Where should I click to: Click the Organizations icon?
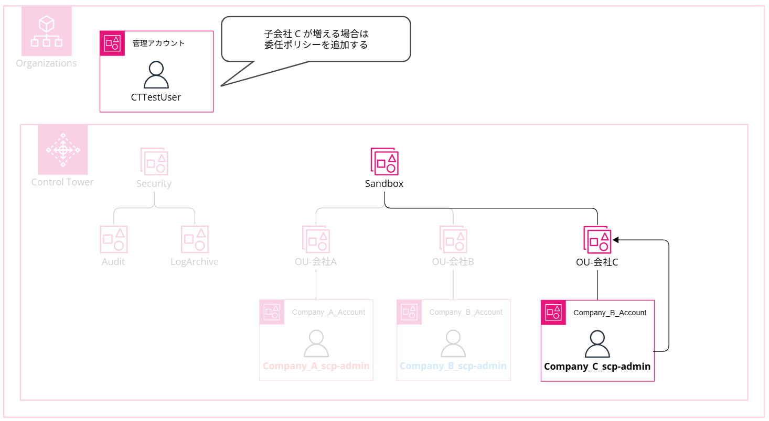[x=47, y=31]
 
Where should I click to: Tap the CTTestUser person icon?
[x=156, y=75]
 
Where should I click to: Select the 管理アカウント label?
[x=158, y=43]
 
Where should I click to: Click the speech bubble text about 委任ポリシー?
[x=316, y=39]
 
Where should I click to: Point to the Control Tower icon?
[x=63, y=150]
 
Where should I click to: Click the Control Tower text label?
[x=62, y=182]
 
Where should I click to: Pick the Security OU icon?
[x=154, y=161]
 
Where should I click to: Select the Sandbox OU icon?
[x=384, y=161]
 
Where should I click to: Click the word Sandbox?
[x=384, y=184]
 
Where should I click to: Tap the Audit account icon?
[x=114, y=239]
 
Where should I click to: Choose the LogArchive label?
[x=195, y=262]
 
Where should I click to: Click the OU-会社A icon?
[x=316, y=239]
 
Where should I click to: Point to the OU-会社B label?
[x=453, y=262]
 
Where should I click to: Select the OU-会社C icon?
[x=597, y=239]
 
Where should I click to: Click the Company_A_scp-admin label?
[x=316, y=366]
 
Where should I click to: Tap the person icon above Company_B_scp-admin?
[x=453, y=344]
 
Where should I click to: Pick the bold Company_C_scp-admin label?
[x=597, y=367]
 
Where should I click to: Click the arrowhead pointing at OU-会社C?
[x=616, y=240]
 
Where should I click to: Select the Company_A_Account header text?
[x=328, y=312]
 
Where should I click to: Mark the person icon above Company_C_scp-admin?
[x=597, y=344]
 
